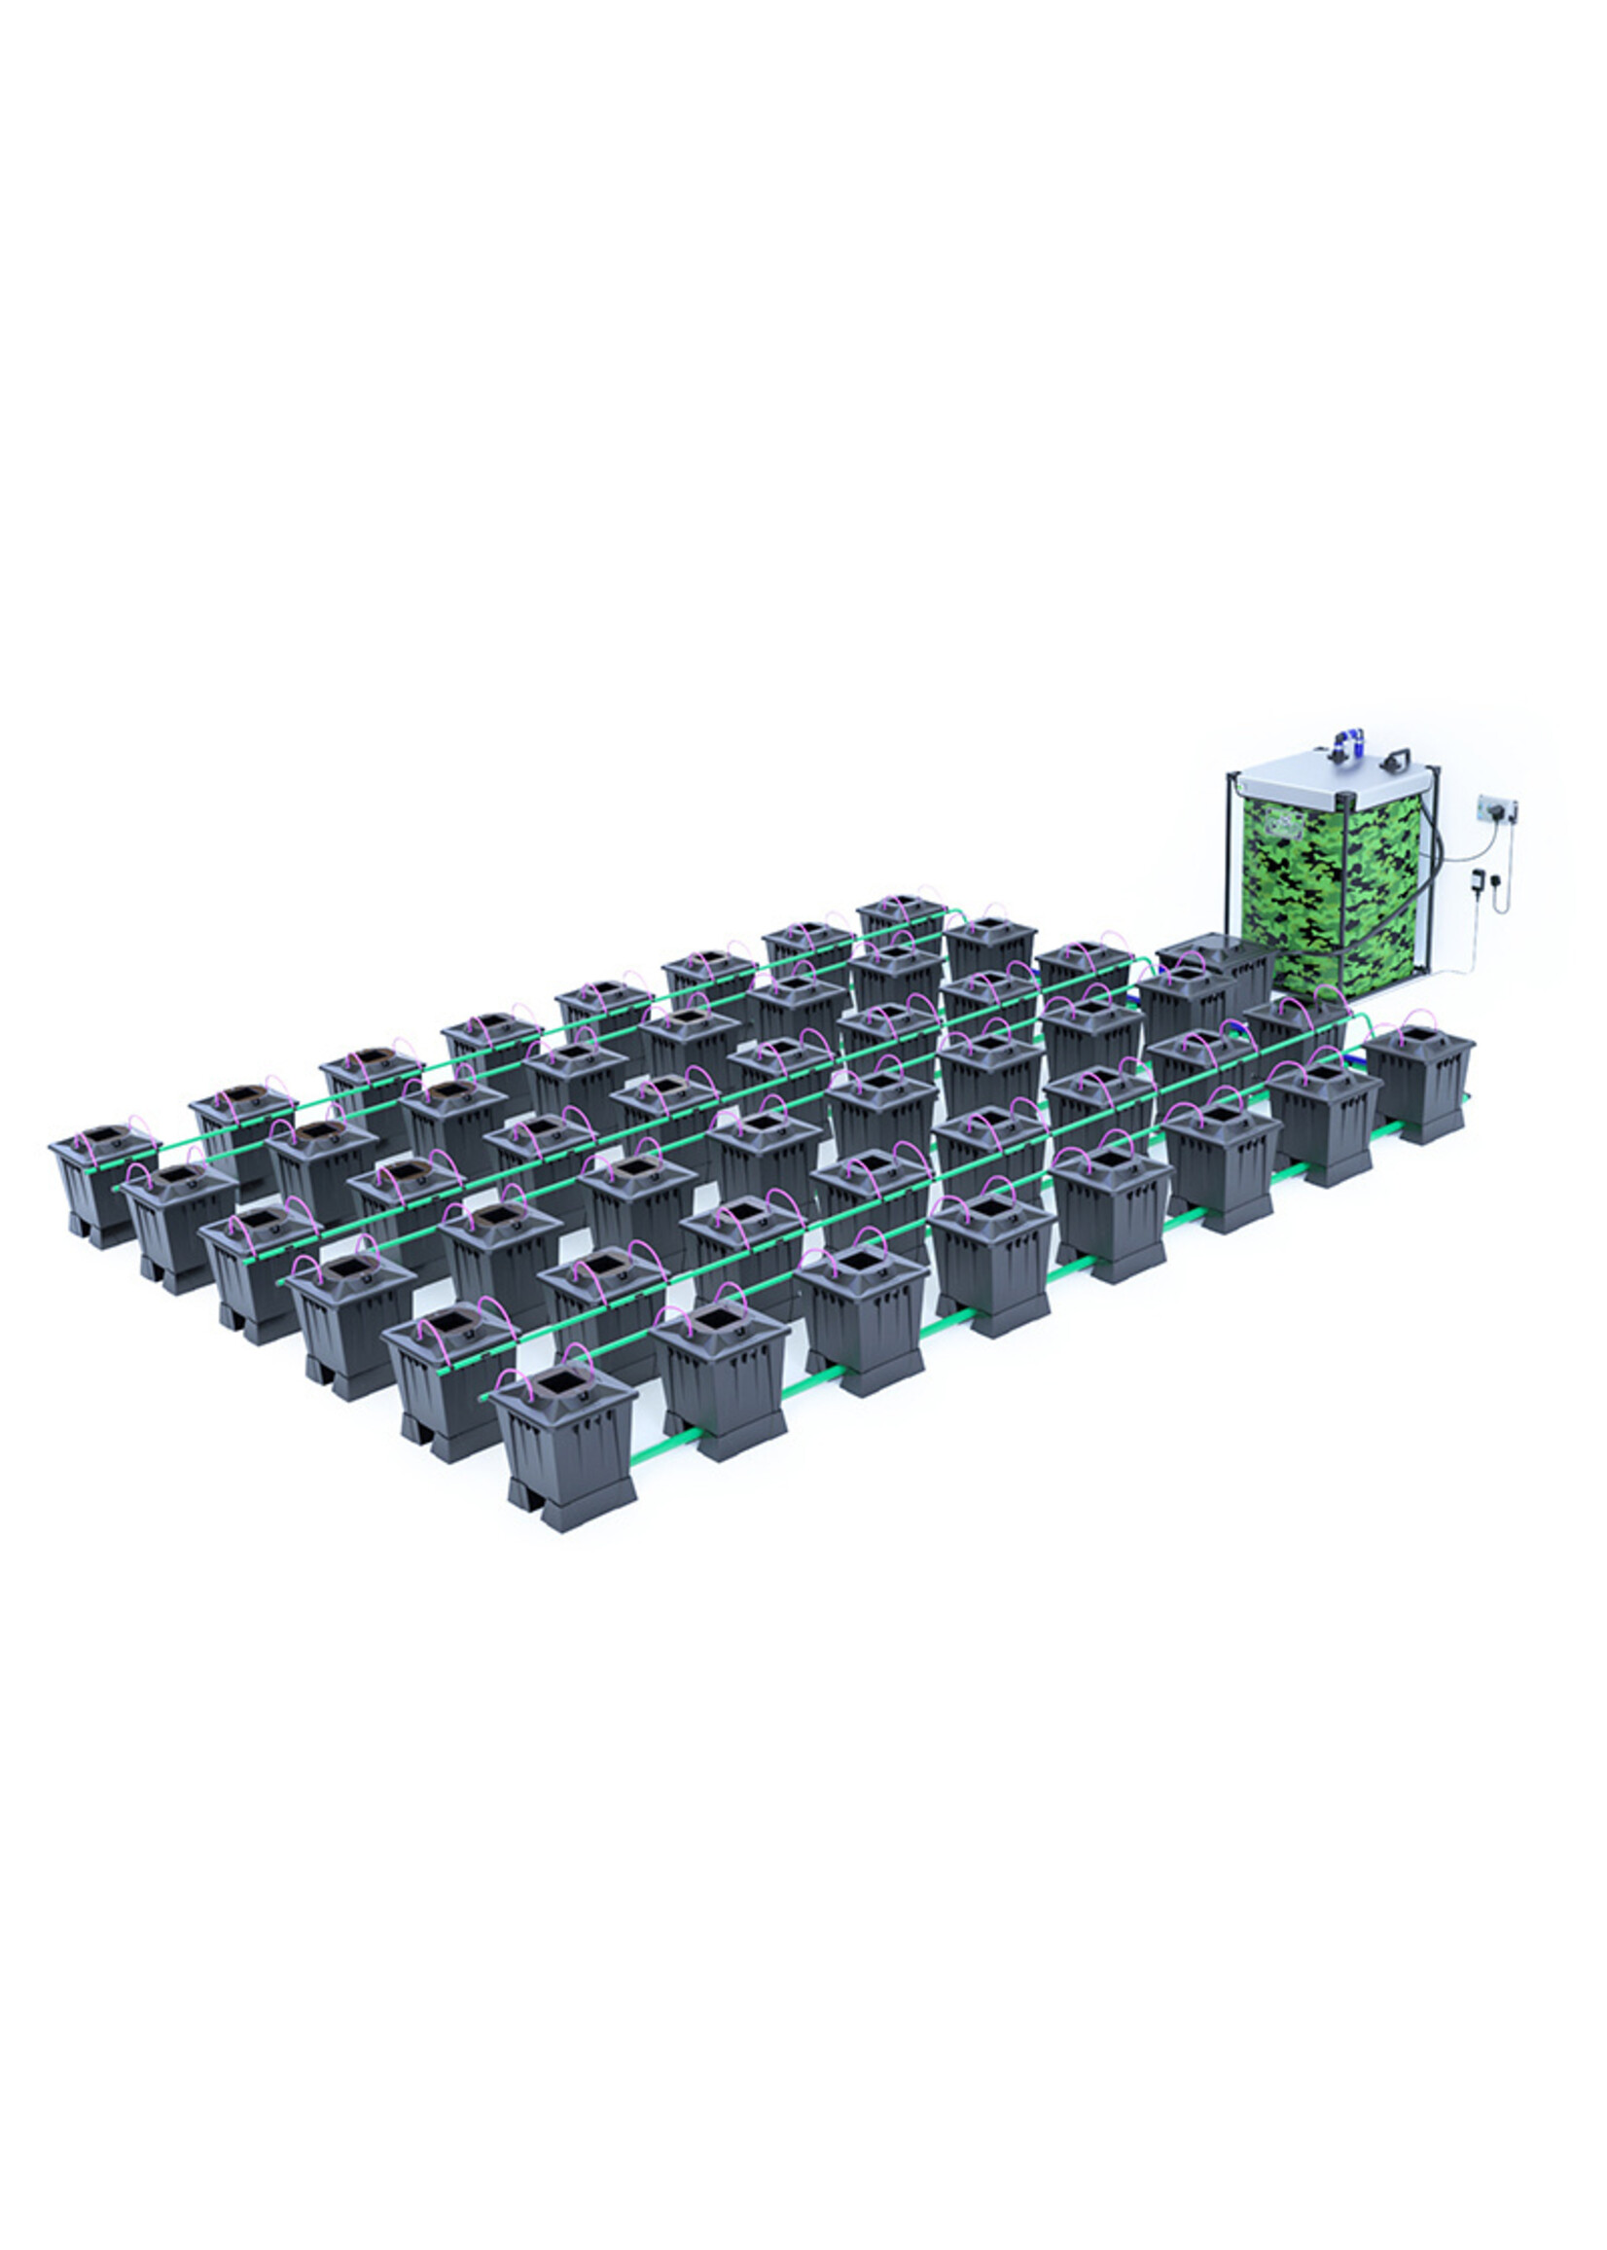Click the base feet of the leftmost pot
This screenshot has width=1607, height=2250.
99,1232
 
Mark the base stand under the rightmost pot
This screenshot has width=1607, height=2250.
1425,1131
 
